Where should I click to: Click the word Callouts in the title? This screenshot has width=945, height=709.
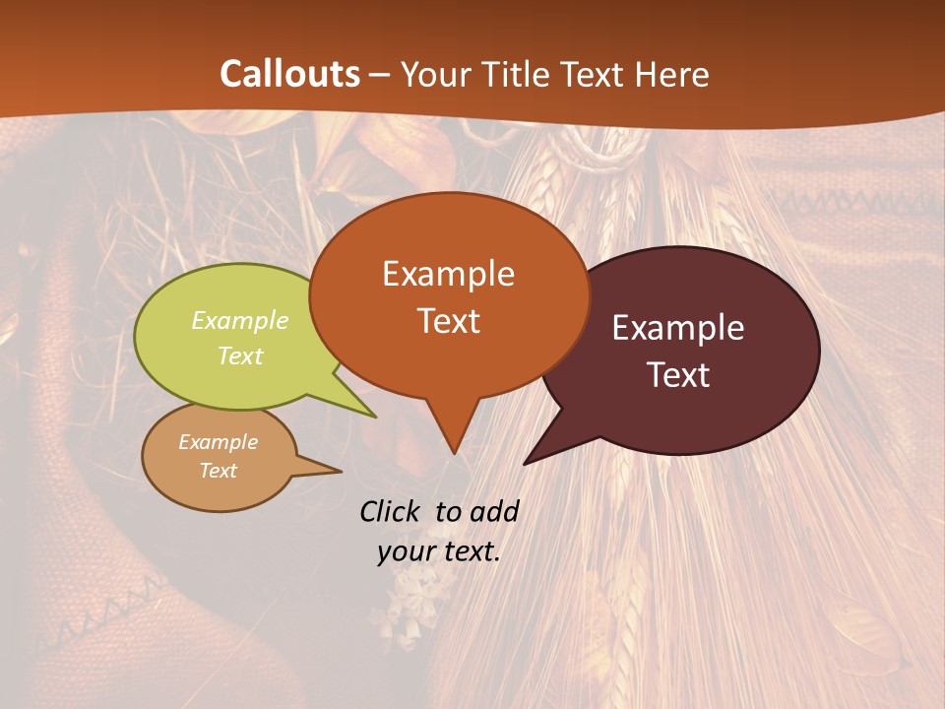click(289, 74)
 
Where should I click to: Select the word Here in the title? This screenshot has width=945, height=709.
click(674, 74)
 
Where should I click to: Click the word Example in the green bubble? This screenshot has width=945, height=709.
click(240, 320)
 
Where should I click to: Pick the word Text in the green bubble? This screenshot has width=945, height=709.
click(240, 355)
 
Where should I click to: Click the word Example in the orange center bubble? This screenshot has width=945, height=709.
click(448, 273)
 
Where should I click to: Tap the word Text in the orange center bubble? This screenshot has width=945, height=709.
click(448, 321)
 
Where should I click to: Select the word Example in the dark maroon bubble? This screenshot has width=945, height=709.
click(678, 328)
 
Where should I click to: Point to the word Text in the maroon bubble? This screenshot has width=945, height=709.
click(678, 375)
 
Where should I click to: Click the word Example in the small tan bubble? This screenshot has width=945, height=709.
click(218, 442)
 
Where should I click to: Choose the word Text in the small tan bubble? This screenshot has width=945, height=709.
click(218, 471)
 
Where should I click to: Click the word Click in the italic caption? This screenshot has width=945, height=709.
click(392, 511)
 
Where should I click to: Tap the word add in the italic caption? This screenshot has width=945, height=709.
click(494, 511)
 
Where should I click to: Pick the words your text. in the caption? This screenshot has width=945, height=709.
click(439, 551)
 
